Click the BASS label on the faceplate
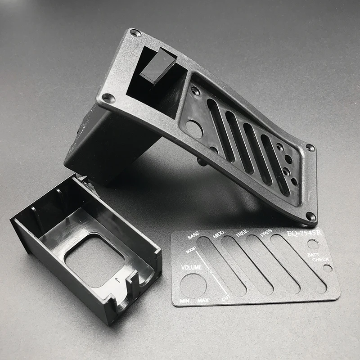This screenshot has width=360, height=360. pyautogui.click(x=193, y=235)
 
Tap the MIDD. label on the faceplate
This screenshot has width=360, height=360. pyautogui.click(x=219, y=234)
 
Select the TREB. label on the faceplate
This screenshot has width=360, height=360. pyautogui.click(x=242, y=233)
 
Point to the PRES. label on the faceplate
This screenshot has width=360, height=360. pyautogui.click(x=266, y=232)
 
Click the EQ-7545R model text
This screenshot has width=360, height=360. pyautogui.click(x=304, y=234)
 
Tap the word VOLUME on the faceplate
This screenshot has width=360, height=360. pyautogui.click(x=192, y=267)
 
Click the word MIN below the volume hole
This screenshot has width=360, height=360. pyautogui.click(x=185, y=301)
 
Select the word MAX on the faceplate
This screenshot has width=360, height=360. pyautogui.click(x=203, y=300)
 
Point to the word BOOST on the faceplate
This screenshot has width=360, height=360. pyautogui.click(x=191, y=250)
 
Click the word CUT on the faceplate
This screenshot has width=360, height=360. pyautogui.click(x=226, y=298)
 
